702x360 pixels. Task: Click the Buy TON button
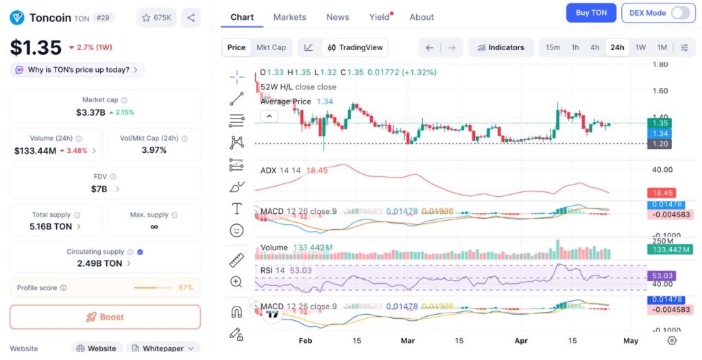[x=591, y=13]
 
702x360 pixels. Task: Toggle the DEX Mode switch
[x=679, y=13]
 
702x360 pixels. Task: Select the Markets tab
[x=289, y=17]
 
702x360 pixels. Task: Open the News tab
[x=337, y=17]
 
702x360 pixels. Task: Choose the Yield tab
[x=379, y=17]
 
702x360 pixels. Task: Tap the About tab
[x=422, y=17]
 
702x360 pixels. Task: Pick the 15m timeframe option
[x=553, y=47]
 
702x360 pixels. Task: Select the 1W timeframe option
[x=640, y=47]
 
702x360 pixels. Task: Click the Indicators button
[x=501, y=47]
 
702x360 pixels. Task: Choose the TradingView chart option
[x=356, y=47]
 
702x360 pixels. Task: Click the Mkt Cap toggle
[x=271, y=47]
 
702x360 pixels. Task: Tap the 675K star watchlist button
[x=156, y=18]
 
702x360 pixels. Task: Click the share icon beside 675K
[x=191, y=18]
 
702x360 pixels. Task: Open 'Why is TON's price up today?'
[x=77, y=70]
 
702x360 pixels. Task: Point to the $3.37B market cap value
[x=90, y=112]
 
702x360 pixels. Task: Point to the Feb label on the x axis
[x=306, y=341]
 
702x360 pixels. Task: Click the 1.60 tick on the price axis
[x=659, y=91]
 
